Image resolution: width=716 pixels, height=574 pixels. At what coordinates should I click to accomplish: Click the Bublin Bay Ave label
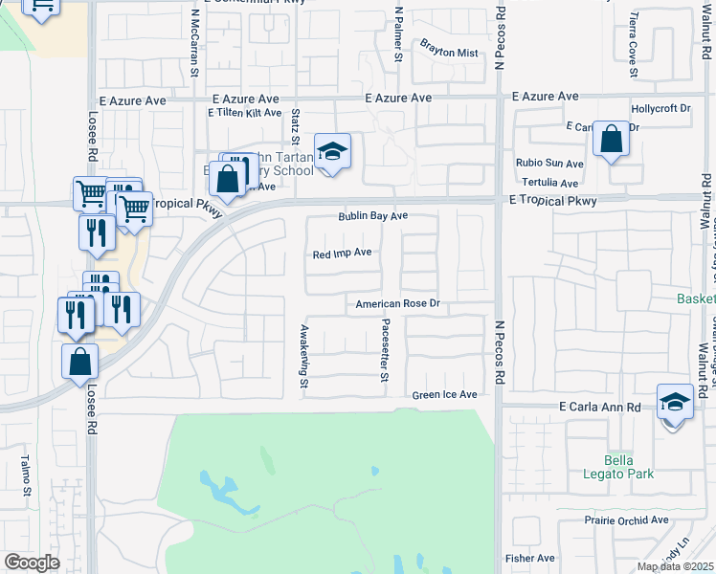372,216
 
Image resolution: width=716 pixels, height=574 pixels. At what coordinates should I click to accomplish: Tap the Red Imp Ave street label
343,254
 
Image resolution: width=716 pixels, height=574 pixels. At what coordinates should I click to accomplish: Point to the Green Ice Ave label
444,394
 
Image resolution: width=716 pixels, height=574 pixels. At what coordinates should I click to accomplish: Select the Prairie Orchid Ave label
626,520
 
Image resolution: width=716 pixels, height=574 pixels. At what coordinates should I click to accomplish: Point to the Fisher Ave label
529,558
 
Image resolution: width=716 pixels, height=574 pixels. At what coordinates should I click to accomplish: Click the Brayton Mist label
449,53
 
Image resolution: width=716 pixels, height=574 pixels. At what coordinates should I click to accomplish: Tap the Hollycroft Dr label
660,109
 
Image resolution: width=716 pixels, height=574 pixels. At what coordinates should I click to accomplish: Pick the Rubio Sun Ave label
549,164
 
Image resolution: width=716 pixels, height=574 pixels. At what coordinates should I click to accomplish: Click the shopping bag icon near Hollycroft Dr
611,140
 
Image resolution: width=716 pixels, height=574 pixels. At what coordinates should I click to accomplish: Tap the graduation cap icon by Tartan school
332,151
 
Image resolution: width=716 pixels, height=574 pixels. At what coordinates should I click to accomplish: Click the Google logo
32,563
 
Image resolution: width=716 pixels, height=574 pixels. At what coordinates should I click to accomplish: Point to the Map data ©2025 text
676,566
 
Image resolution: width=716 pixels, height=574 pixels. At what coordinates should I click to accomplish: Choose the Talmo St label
27,475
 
